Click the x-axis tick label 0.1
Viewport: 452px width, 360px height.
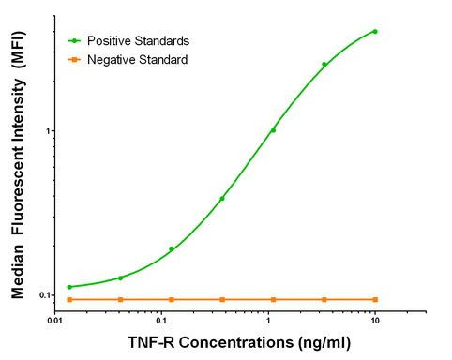[162, 320]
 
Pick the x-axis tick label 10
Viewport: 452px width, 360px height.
[375, 320]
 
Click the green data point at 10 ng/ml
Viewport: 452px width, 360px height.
[375, 31]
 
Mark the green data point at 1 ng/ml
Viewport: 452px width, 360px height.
[273, 130]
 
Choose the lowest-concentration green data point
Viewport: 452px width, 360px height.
[69, 287]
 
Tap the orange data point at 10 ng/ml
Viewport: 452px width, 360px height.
[375, 299]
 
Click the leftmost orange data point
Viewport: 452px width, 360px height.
[69, 299]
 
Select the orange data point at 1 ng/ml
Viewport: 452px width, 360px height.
[273, 299]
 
